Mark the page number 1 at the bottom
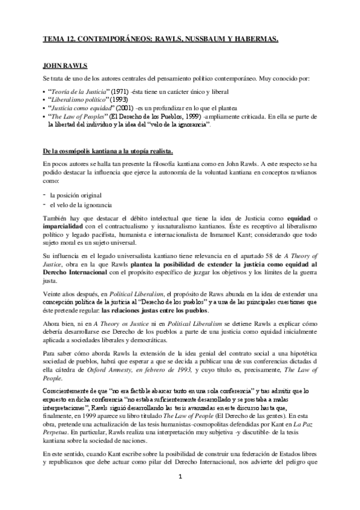tap(179, 493)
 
